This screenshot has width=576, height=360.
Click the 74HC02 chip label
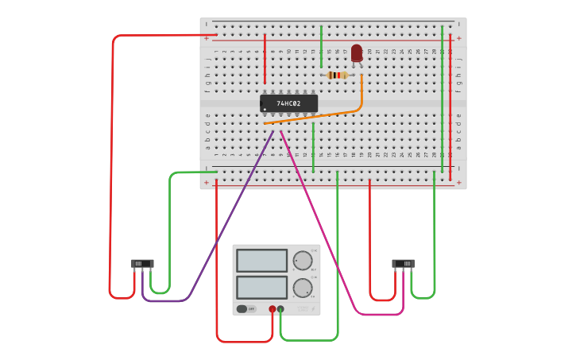point(288,103)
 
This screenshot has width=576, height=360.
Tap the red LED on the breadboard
point(357,53)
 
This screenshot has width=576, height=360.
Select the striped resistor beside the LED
point(338,75)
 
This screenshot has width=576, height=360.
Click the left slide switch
point(141,263)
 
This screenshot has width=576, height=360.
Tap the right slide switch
point(403,263)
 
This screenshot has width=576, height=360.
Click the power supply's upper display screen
point(261,260)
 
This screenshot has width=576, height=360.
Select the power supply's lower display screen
point(261,287)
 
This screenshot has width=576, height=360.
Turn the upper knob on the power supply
point(303,260)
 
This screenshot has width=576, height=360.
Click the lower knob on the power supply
point(303,287)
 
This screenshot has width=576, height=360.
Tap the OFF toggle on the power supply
point(246,308)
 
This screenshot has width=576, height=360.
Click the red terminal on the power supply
point(273,308)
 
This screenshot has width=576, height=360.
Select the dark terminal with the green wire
point(280,308)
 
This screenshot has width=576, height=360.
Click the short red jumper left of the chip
point(265,60)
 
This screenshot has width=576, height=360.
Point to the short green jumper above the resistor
point(321,46)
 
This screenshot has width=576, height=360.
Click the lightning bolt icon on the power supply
point(313,308)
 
